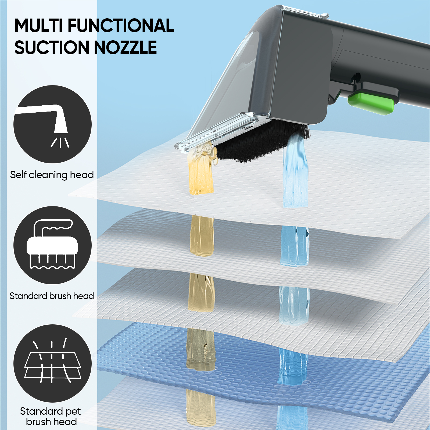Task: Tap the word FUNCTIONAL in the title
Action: pyautogui.click(x=121, y=26)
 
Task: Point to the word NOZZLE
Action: pyautogui.click(x=125, y=48)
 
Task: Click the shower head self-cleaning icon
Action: pyautogui.click(x=53, y=124)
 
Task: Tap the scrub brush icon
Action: pyautogui.click(x=53, y=245)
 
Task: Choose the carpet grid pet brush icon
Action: pyautogui.click(x=53, y=363)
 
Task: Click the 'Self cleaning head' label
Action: pyautogui.click(x=52, y=175)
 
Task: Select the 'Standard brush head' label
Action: pyautogui.click(x=52, y=296)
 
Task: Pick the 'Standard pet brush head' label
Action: pyautogui.click(x=51, y=416)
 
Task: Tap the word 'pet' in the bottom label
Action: pyautogui.click(x=73, y=411)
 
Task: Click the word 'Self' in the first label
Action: pyautogui.click(x=18, y=175)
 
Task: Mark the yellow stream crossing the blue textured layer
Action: pyautogui.click(x=201, y=349)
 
